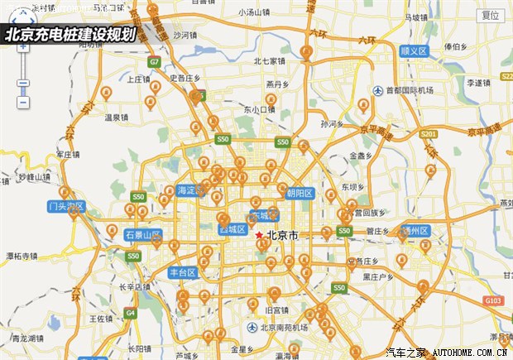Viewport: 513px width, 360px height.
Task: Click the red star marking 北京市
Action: pos(259,235)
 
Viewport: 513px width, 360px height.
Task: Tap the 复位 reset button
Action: pos(491,16)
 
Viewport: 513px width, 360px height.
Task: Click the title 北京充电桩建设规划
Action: pos(70,35)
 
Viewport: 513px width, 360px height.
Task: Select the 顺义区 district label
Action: pos(412,50)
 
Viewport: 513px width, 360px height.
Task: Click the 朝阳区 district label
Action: pos(299,194)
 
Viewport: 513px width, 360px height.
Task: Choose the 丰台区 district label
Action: pos(181,271)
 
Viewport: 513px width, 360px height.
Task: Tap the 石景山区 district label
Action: pos(142,235)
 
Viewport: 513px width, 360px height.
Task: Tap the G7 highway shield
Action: pos(155,62)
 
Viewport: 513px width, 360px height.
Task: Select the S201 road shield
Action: pos(428,134)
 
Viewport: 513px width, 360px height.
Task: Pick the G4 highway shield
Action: pos(130,313)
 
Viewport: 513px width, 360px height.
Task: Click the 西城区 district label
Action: pos(233,229)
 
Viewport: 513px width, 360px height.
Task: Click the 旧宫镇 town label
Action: pos(276,310)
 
